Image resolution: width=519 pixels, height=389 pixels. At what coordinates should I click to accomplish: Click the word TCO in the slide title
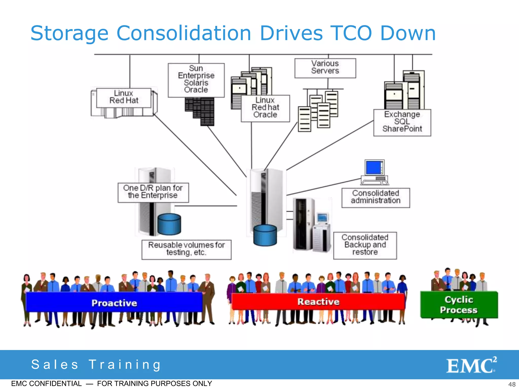[351, 33]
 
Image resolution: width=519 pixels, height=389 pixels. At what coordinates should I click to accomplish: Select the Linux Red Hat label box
[124, 97]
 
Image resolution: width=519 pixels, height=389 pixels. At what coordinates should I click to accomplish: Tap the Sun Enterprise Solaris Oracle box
[196, 80]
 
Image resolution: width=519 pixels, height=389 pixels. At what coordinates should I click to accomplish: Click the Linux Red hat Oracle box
[265, 108]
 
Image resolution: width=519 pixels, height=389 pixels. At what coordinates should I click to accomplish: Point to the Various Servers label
[325, 67]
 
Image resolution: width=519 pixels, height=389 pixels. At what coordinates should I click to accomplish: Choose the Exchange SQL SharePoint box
[402, 122]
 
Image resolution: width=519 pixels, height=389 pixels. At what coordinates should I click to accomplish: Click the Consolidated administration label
[376, 197]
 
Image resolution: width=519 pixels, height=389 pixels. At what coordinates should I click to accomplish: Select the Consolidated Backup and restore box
[365, 245]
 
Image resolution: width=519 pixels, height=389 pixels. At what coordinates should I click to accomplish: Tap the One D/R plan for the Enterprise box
[153, 192]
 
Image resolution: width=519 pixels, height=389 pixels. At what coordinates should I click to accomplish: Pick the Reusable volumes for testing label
[186, 249]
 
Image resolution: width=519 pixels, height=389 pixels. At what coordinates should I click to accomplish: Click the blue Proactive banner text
[114, 303]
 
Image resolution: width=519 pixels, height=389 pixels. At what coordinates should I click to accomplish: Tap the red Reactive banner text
[318, 302]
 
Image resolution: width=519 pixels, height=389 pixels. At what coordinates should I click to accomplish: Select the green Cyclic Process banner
[459, 305]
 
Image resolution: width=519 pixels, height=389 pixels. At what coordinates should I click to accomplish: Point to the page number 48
[512, 384]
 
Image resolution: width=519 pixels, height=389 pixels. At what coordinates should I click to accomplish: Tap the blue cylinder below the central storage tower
[265, 236]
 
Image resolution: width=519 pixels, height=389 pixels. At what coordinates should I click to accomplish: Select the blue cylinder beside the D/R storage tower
[169, 224]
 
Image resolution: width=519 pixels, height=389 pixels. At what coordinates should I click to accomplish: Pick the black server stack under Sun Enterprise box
[200, 111]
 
